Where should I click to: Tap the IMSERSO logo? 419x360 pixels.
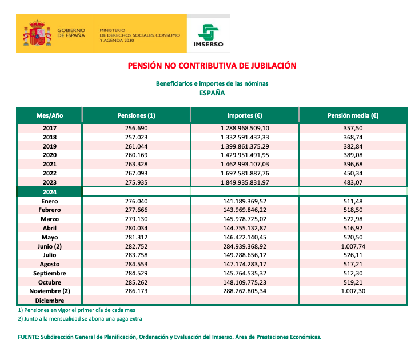point(209,35)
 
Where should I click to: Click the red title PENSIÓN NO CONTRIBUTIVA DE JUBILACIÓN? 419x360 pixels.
point(212,66)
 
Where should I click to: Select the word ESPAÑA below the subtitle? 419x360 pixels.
point(212,93)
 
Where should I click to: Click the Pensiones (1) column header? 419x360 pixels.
point(136,115)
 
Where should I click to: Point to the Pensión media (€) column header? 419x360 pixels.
point(353,115)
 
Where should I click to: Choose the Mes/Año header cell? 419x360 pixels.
point(50,115)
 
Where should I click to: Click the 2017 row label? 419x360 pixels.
point(50,129)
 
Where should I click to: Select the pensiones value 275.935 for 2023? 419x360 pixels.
point(136,182)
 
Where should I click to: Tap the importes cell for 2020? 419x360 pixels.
point(244,155)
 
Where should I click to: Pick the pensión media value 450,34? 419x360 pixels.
point(353,173)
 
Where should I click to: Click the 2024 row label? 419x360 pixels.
point(50,192)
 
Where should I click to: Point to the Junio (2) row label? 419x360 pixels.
point(50,246)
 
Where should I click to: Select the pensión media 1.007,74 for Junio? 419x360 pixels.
point(353,246)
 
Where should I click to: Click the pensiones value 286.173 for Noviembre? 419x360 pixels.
point(136,291)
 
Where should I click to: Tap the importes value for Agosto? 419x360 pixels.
point(244,265)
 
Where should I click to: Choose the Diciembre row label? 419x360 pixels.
point(50,301)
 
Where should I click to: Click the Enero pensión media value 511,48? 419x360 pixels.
point(353,201)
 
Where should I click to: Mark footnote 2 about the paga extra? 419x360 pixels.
point(80,318)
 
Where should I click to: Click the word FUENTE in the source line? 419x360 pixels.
point(29,337)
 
